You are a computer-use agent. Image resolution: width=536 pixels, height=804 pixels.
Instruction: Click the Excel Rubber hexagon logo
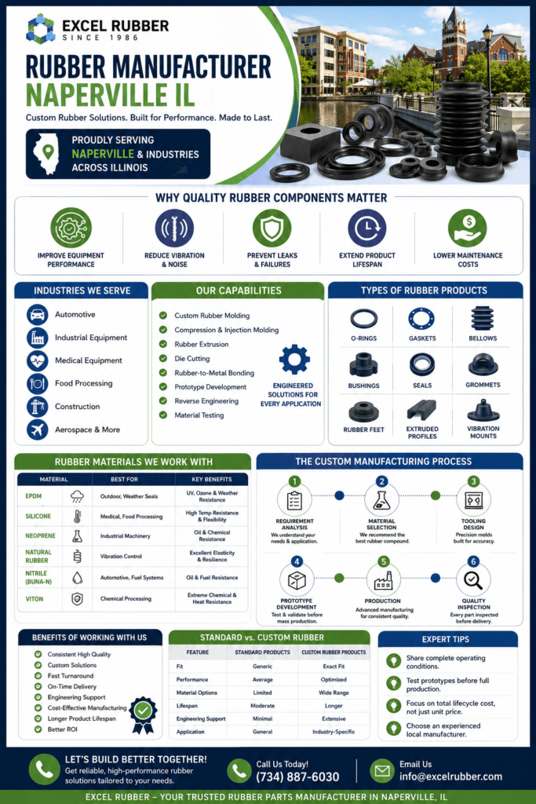pos(41,29)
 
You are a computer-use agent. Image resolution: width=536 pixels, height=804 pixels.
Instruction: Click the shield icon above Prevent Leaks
pos(272,228)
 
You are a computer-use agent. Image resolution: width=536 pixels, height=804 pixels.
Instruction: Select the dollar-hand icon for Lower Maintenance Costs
pos(468,228)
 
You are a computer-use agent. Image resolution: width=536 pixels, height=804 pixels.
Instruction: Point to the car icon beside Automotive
pos(38,314)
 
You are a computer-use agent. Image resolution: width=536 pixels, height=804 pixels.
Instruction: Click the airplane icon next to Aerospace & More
pos(38,429)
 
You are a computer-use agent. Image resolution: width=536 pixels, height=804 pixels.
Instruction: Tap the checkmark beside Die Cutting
pos(163,358)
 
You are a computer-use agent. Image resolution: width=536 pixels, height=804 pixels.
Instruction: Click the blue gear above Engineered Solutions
pos(294,359)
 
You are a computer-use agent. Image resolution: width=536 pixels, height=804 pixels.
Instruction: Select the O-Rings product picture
pos(364,319)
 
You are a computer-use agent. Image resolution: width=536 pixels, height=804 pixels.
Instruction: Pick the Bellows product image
pos(482,318)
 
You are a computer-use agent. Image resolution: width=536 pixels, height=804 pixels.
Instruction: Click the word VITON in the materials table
pos(35,599)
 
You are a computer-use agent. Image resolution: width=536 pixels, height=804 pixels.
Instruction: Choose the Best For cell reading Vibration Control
pos(121,557)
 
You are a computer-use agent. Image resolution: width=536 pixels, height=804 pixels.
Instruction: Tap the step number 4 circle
pos(296,561)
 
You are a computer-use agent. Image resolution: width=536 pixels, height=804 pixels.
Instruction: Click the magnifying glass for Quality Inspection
pos(473,580)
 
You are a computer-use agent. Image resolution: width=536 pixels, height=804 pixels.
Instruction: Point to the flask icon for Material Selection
pos(381,500)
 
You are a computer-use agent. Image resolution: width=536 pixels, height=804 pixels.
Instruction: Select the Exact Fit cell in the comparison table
pos(334,667)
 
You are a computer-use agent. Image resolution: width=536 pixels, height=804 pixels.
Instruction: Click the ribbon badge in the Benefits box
pos(143,714)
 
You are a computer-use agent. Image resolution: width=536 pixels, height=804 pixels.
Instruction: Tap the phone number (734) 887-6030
pos(297,777)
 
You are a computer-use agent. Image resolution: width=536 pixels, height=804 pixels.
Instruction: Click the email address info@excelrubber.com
pos(451,777)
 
